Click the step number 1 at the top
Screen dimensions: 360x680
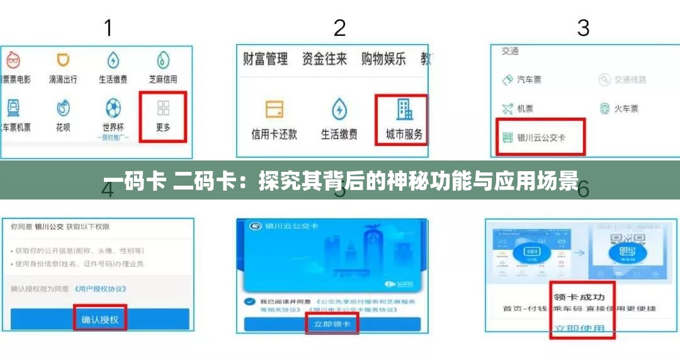click(x=108, y=28)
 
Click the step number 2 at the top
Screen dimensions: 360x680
click(x=339, y=28)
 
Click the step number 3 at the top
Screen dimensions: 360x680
click(x=583, y=28)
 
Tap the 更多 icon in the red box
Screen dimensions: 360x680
click(x=163, y=109)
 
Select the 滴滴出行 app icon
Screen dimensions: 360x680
click(x=63, y=61)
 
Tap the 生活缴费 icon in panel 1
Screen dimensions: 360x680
click(x=113, y=61)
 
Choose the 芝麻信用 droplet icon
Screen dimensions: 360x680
click(x=163, y=61)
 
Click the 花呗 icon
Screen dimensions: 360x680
click(x=63, y=108)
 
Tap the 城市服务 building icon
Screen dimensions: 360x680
click(x=404, y=111)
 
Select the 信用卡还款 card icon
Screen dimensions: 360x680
click(x=274, y=110)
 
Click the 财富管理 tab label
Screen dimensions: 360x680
click(x=265, y=59)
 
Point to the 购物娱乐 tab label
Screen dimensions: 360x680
click(x=383, y=59)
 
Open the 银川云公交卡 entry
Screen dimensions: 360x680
click(x=541, y=137)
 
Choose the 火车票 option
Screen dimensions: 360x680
click(x=620, y=108)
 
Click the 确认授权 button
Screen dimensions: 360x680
click(x=100, y=319)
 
